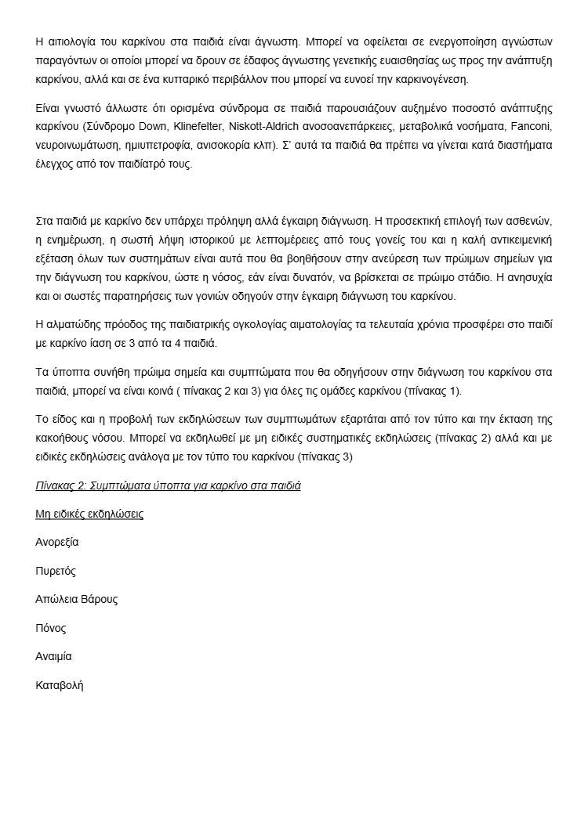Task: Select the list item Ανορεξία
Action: click(57, 542)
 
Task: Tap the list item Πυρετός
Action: click(56, 571)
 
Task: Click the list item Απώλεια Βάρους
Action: click(77, 600)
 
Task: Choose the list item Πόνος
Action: click(51, 628)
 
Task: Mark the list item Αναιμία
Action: click(53, 657)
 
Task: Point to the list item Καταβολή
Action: click(60, 685)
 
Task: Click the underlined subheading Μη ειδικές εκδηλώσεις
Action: click(89, 514)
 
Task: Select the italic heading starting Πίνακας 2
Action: click(168, 485)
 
